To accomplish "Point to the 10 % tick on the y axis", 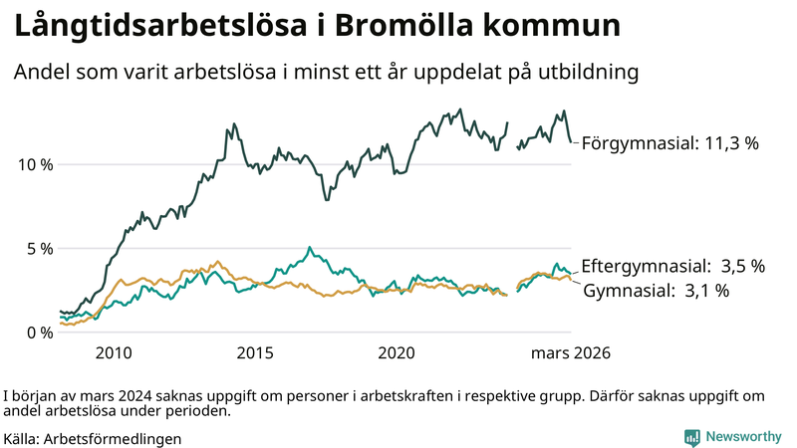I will point(33,164).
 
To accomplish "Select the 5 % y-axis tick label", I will point(37,248).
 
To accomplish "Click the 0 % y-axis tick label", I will point(37,333).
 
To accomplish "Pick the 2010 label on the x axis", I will point(113,353).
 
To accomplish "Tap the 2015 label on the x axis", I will point(255,353).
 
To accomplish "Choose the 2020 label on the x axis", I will point(397,353).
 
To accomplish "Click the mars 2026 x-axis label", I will point(570,353).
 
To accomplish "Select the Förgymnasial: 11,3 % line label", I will point(670,143).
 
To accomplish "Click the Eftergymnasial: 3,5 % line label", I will point(672,266).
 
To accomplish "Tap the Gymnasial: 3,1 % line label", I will point(656,291).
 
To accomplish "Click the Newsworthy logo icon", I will point(691,437).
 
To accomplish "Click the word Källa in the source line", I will point(21,438).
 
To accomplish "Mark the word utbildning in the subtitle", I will point(589,73).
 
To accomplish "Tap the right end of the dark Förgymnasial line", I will point(571,141).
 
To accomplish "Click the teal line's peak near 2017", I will point(310,247).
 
